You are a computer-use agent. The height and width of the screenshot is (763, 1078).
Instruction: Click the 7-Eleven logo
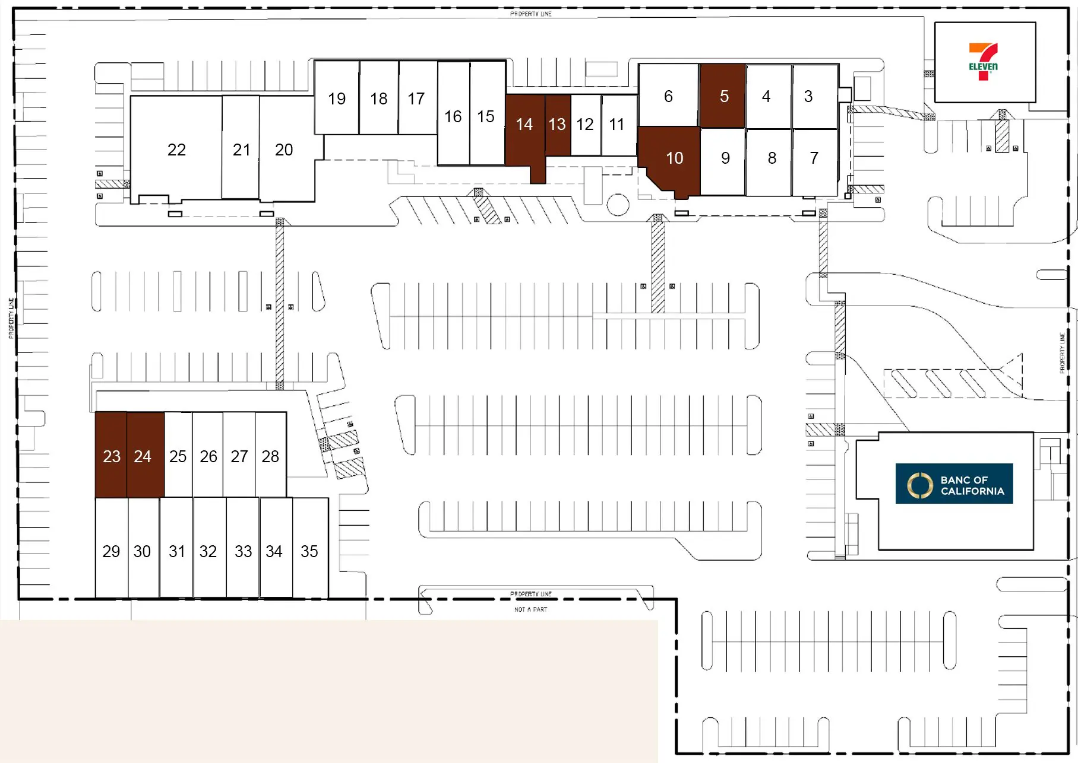pos(983,62)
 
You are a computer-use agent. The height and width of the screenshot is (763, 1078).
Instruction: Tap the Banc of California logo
pos(954,484)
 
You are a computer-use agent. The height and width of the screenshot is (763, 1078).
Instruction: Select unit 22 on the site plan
pos(176,150)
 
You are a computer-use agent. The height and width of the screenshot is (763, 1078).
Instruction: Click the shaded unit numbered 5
pos(723,96)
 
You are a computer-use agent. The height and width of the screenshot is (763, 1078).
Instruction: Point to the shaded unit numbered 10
pos(674,158)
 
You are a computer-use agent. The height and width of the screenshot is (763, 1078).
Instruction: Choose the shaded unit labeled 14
pos(524,125)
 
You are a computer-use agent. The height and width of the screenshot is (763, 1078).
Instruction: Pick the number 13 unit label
pos(557,125)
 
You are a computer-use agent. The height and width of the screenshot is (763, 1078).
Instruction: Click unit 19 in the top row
pos(337,98)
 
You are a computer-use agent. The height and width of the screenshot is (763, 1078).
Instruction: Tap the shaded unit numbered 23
pos(111,456)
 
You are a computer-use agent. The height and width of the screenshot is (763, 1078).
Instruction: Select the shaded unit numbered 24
pos(143,456)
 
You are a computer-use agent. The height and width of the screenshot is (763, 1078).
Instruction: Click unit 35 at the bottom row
pos(309,551)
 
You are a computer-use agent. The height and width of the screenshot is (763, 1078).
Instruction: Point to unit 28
pos(270,456)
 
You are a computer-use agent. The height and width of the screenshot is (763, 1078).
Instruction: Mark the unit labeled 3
pos(808,96)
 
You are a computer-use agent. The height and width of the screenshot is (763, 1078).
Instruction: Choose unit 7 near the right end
pos(814,158)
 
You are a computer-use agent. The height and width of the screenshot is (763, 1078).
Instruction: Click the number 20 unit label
pos(284,150)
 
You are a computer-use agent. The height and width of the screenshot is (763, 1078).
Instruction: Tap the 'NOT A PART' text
pos(531,609)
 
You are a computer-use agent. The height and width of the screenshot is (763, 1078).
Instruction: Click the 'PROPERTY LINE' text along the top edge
pos(531,14)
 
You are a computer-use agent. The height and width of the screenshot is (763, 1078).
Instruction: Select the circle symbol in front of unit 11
pos(618,205)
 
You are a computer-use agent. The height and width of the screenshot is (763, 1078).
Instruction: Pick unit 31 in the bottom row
pos(176,551)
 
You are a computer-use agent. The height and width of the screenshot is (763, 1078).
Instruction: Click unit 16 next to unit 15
pos(453,116)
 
